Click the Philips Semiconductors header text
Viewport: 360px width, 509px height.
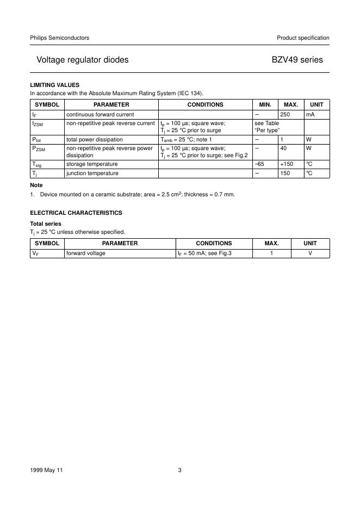click(x=59, y=38)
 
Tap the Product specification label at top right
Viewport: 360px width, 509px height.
click(x=303, y=38)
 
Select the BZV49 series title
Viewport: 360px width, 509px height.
click(x=297, y=60)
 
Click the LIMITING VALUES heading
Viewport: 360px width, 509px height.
click(x=54, y=85)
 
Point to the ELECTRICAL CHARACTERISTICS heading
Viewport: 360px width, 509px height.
click(x=76, y=213)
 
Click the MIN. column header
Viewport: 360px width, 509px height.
click(x=265, y=104)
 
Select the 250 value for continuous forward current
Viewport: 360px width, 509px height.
click(x=285, y=114)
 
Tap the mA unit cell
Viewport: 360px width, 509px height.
click(x=311, y=114)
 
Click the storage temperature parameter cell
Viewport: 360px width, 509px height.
click(x=92, y=164)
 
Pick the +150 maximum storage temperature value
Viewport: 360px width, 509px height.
click(x=287, y=164)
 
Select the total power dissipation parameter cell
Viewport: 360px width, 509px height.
click(x=94, y=140)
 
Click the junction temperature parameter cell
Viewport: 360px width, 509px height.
click(x=92, y=173)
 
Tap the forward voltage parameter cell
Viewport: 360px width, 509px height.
click(x=86, y=253)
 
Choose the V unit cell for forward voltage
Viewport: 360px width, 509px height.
click(x=310, y=253)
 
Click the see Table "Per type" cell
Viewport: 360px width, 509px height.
click(x=266, y=127)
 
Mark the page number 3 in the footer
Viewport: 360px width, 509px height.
click(x=179, y=470)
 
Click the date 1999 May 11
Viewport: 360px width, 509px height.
click(x=47, y=470)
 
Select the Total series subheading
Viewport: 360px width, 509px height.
click(x=45, y=224)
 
